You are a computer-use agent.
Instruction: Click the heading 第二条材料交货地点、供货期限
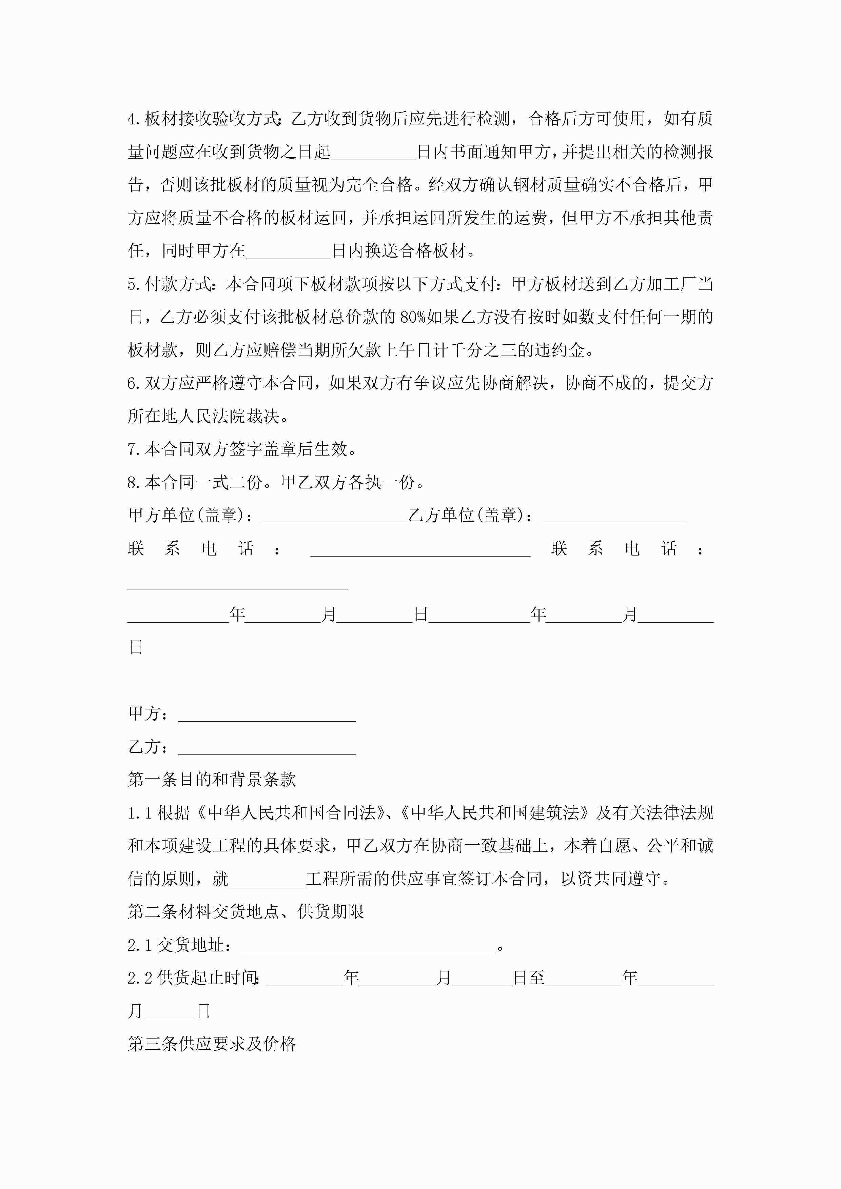point(246,912)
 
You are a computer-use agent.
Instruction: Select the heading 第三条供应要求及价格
point(212,1044)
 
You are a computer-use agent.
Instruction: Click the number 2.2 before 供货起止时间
point(140,978)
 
